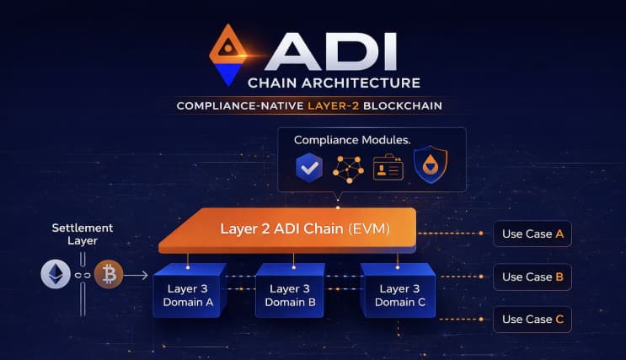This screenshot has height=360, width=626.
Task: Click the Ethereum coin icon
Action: click(x=56, y=274)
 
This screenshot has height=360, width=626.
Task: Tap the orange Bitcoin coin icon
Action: click(x=109, y=274)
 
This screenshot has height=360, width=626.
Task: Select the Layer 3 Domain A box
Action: click(x=188, y=291)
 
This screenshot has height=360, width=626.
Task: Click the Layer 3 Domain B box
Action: click(x=290, y=291)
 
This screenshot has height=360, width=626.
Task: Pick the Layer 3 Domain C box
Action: click(x=399, y=291)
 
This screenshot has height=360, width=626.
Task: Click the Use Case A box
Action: click(x=532, y=234)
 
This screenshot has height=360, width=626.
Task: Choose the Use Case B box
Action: click(x=532, y=277)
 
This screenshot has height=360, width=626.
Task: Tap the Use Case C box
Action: click(x=532, y=320)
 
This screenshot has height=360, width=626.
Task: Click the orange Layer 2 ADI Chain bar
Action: click(x=287, y=230)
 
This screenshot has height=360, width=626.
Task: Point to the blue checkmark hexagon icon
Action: click(x=309, y=168)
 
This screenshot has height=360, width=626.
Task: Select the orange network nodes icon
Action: click(x=348, y=169)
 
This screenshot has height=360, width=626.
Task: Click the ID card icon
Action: click(x=388, y=167)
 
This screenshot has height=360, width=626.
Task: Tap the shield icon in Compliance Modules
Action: click(x=431, y=164)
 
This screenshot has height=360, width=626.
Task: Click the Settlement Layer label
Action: click(x=83, y=234)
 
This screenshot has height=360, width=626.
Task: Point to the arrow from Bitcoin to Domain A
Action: click(x=136, y=275)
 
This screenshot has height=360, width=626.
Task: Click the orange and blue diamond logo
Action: click(x=228, y=55)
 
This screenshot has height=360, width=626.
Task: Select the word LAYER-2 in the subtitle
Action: click(x=334, y=106)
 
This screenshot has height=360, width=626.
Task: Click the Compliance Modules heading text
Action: click(x=352, y=140)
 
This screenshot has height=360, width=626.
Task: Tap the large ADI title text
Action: click(x=331, y=51)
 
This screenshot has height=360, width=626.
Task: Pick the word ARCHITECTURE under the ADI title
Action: click(x=361, y=83)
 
